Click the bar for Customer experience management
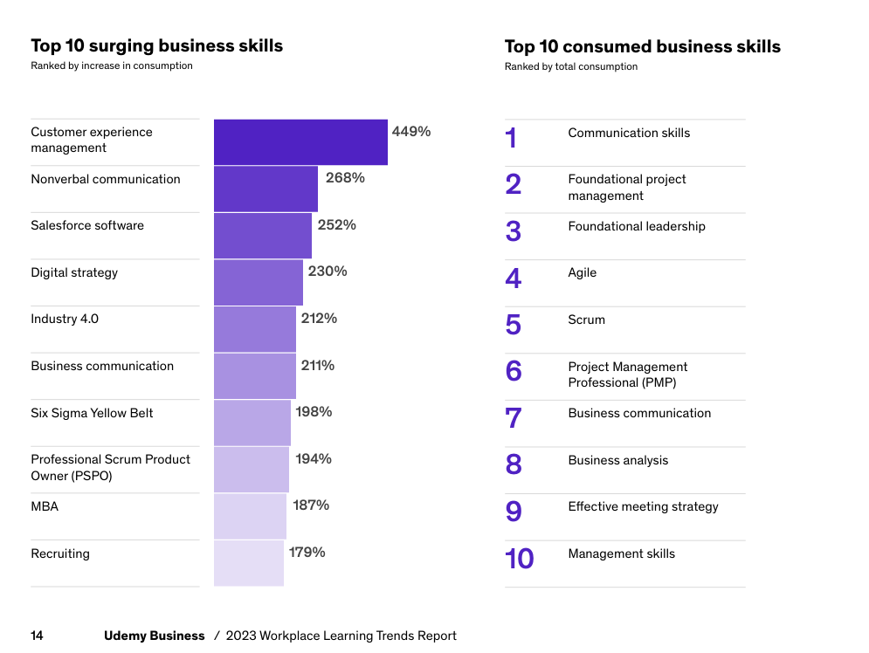[300, 141]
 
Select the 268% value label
[345, 178]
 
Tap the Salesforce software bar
[263, 236]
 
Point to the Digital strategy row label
[74, 272]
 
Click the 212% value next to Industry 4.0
[319, 319]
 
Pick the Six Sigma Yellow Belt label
[92, 413]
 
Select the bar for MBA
[250, 516]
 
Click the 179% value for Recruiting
[307, 552]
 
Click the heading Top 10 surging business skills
[157, 46]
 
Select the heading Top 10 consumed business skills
[643, 47]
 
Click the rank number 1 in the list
[512, 138]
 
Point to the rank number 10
[519, 559]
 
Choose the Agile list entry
[582, 272]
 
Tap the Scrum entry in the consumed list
[586, 320]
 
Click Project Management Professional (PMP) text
[627, 375]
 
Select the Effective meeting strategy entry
[643, 506]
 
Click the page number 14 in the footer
[37, 636]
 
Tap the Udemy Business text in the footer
[154, 636]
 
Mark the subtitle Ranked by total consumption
[571, 67]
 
